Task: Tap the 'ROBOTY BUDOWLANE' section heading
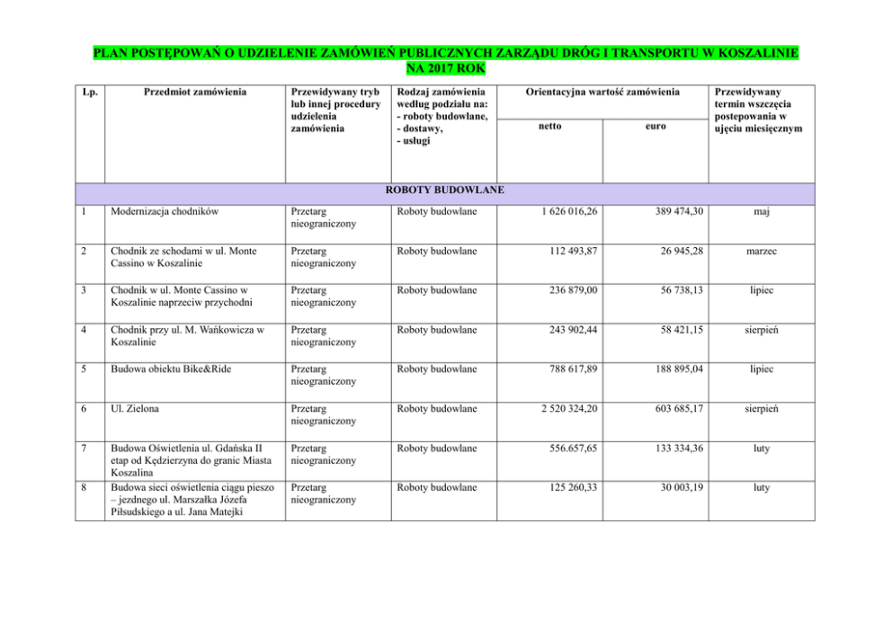444,191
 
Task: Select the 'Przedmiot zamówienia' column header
194,92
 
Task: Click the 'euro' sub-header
656,127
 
